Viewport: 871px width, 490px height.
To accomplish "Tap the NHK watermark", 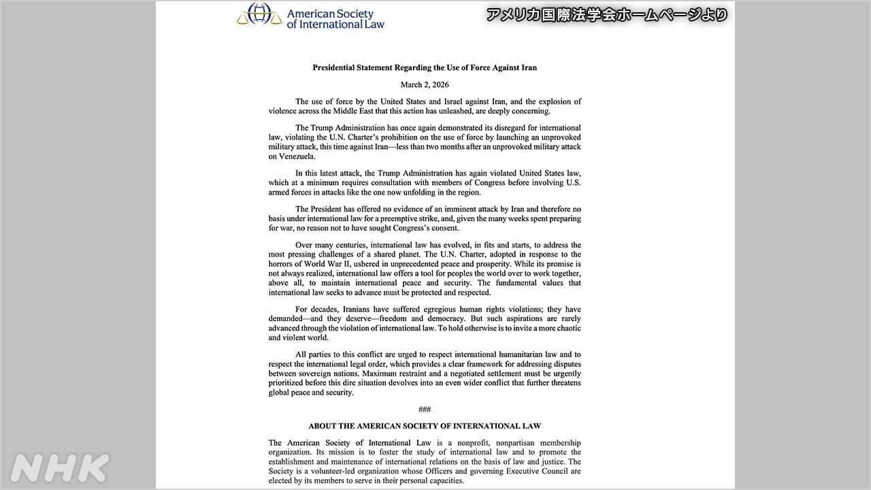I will pos(60,468).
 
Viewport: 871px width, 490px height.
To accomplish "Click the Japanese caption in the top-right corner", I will pos(607,14).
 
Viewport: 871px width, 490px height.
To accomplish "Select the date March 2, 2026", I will pos(425,85).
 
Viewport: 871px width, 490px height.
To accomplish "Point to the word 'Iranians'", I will pos(350,310).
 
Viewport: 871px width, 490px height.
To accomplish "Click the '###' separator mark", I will pos(425,409).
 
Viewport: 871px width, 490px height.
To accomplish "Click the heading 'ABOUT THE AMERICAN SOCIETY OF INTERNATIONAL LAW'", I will pos(425,426).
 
